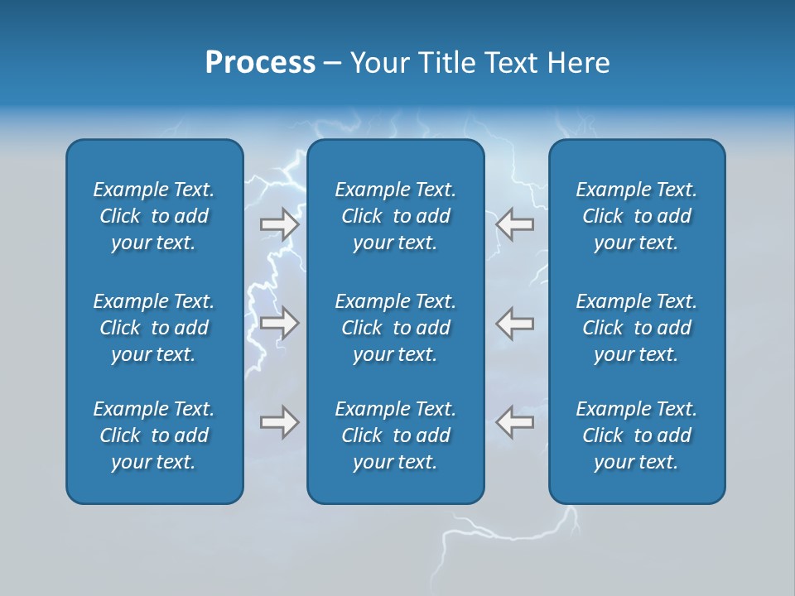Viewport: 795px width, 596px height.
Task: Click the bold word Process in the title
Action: [x=260, y=63]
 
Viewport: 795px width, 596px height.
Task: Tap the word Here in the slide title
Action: [x=577, y=63]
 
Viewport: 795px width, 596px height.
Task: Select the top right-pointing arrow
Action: [x=280, y=224]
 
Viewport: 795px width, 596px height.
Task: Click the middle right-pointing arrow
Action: [x=280, y=323]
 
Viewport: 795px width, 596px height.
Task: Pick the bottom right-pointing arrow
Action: [x=280, y=422]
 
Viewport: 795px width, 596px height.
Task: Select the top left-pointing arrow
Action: [x=514, y=224]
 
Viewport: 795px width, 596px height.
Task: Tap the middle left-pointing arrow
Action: [x=514, y=323]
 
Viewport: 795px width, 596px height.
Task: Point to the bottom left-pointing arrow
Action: [x=514, y=422]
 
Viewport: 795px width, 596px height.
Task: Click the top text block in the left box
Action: [x=154, y=216]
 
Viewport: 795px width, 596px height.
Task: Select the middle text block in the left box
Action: [x=154, y=328]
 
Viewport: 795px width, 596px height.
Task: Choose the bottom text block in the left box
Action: [x=154, y=435]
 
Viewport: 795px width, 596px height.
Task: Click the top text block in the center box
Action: [x=396, y=216]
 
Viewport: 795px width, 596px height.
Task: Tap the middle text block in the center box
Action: [x=396, y=328]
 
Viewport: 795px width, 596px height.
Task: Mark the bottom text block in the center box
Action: [x=396, y=435]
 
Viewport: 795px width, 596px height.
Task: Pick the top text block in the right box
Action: [x=637, y=216]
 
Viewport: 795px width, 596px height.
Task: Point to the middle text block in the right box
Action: [x=637, y=328]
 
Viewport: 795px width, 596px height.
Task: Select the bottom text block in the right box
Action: [x=637, y=435]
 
